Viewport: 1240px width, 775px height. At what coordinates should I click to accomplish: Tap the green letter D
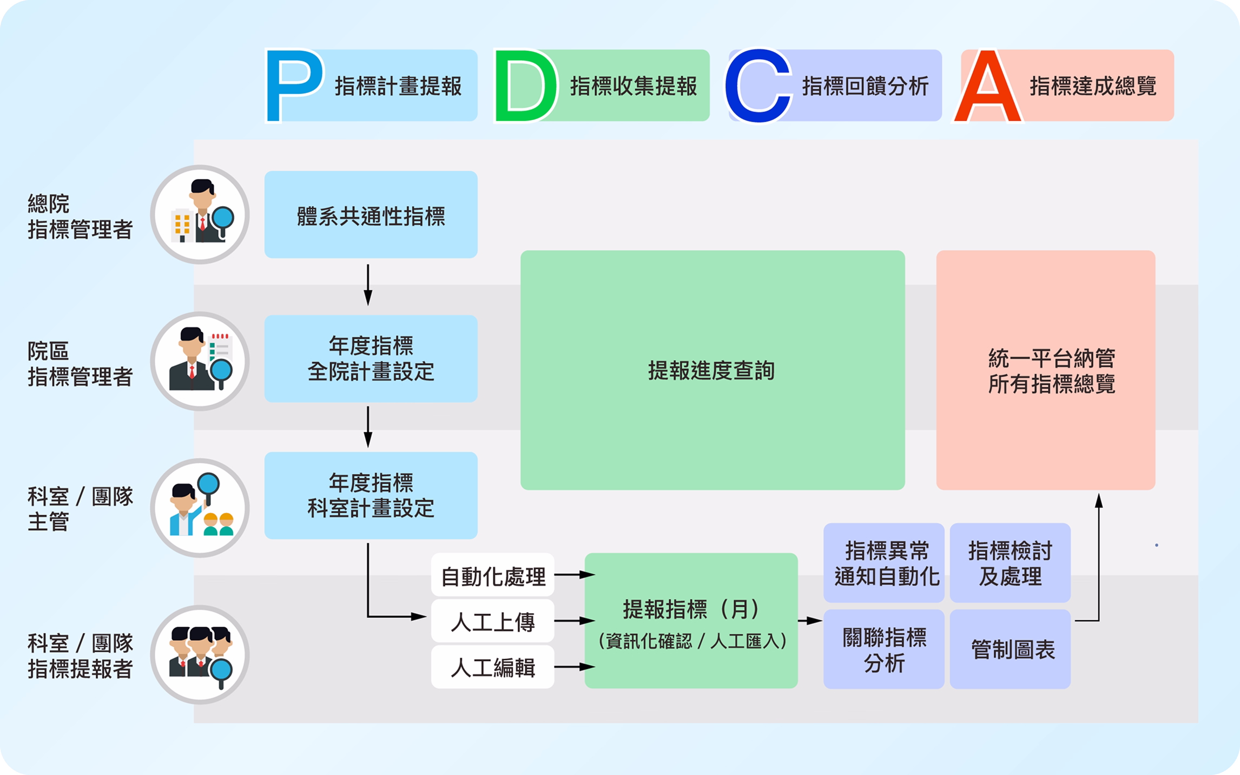525,86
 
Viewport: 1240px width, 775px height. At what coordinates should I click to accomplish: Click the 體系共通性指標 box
371,215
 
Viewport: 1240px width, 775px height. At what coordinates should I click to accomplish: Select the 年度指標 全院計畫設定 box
371,358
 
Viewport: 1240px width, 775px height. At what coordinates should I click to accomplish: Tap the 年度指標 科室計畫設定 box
371,495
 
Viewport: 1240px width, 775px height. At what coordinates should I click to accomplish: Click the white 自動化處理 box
492,576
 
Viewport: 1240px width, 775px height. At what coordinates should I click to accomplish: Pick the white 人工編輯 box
492,667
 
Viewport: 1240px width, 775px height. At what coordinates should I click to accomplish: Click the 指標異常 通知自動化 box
883,563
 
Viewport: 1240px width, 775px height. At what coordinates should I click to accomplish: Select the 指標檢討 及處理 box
1010,563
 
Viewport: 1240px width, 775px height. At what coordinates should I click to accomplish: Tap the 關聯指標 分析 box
883,649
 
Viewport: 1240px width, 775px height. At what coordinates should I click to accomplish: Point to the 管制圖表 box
1010,649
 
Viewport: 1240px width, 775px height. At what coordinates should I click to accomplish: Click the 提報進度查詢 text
711,371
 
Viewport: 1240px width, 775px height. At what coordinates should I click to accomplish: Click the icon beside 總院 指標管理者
200,215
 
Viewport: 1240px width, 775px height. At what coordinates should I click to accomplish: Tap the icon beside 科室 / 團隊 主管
200,508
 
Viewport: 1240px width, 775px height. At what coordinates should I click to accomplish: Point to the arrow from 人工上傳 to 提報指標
573,621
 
